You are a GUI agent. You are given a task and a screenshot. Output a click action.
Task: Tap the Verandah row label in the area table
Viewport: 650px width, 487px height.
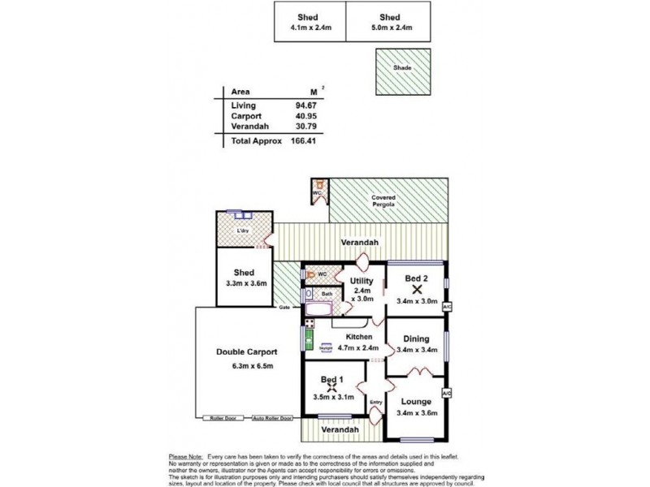click(247, 127)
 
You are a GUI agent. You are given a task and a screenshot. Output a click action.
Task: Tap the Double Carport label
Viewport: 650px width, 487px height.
click(246, 352)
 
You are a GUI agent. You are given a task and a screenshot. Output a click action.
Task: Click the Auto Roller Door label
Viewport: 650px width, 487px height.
click(271, 419)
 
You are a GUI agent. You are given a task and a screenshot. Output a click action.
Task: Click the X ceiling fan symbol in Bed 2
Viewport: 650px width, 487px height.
click(417, 288)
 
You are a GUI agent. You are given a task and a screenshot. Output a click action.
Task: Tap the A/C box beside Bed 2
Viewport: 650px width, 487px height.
click(446, 307)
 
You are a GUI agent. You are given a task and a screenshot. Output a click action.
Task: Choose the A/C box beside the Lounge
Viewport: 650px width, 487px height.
click(446, 393)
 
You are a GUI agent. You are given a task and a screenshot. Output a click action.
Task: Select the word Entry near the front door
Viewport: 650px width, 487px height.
click(375, 403)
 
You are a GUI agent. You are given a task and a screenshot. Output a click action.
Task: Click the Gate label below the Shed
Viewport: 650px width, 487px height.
click(284, 308)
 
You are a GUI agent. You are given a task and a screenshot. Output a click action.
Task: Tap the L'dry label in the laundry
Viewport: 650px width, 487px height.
click(242, 231)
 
